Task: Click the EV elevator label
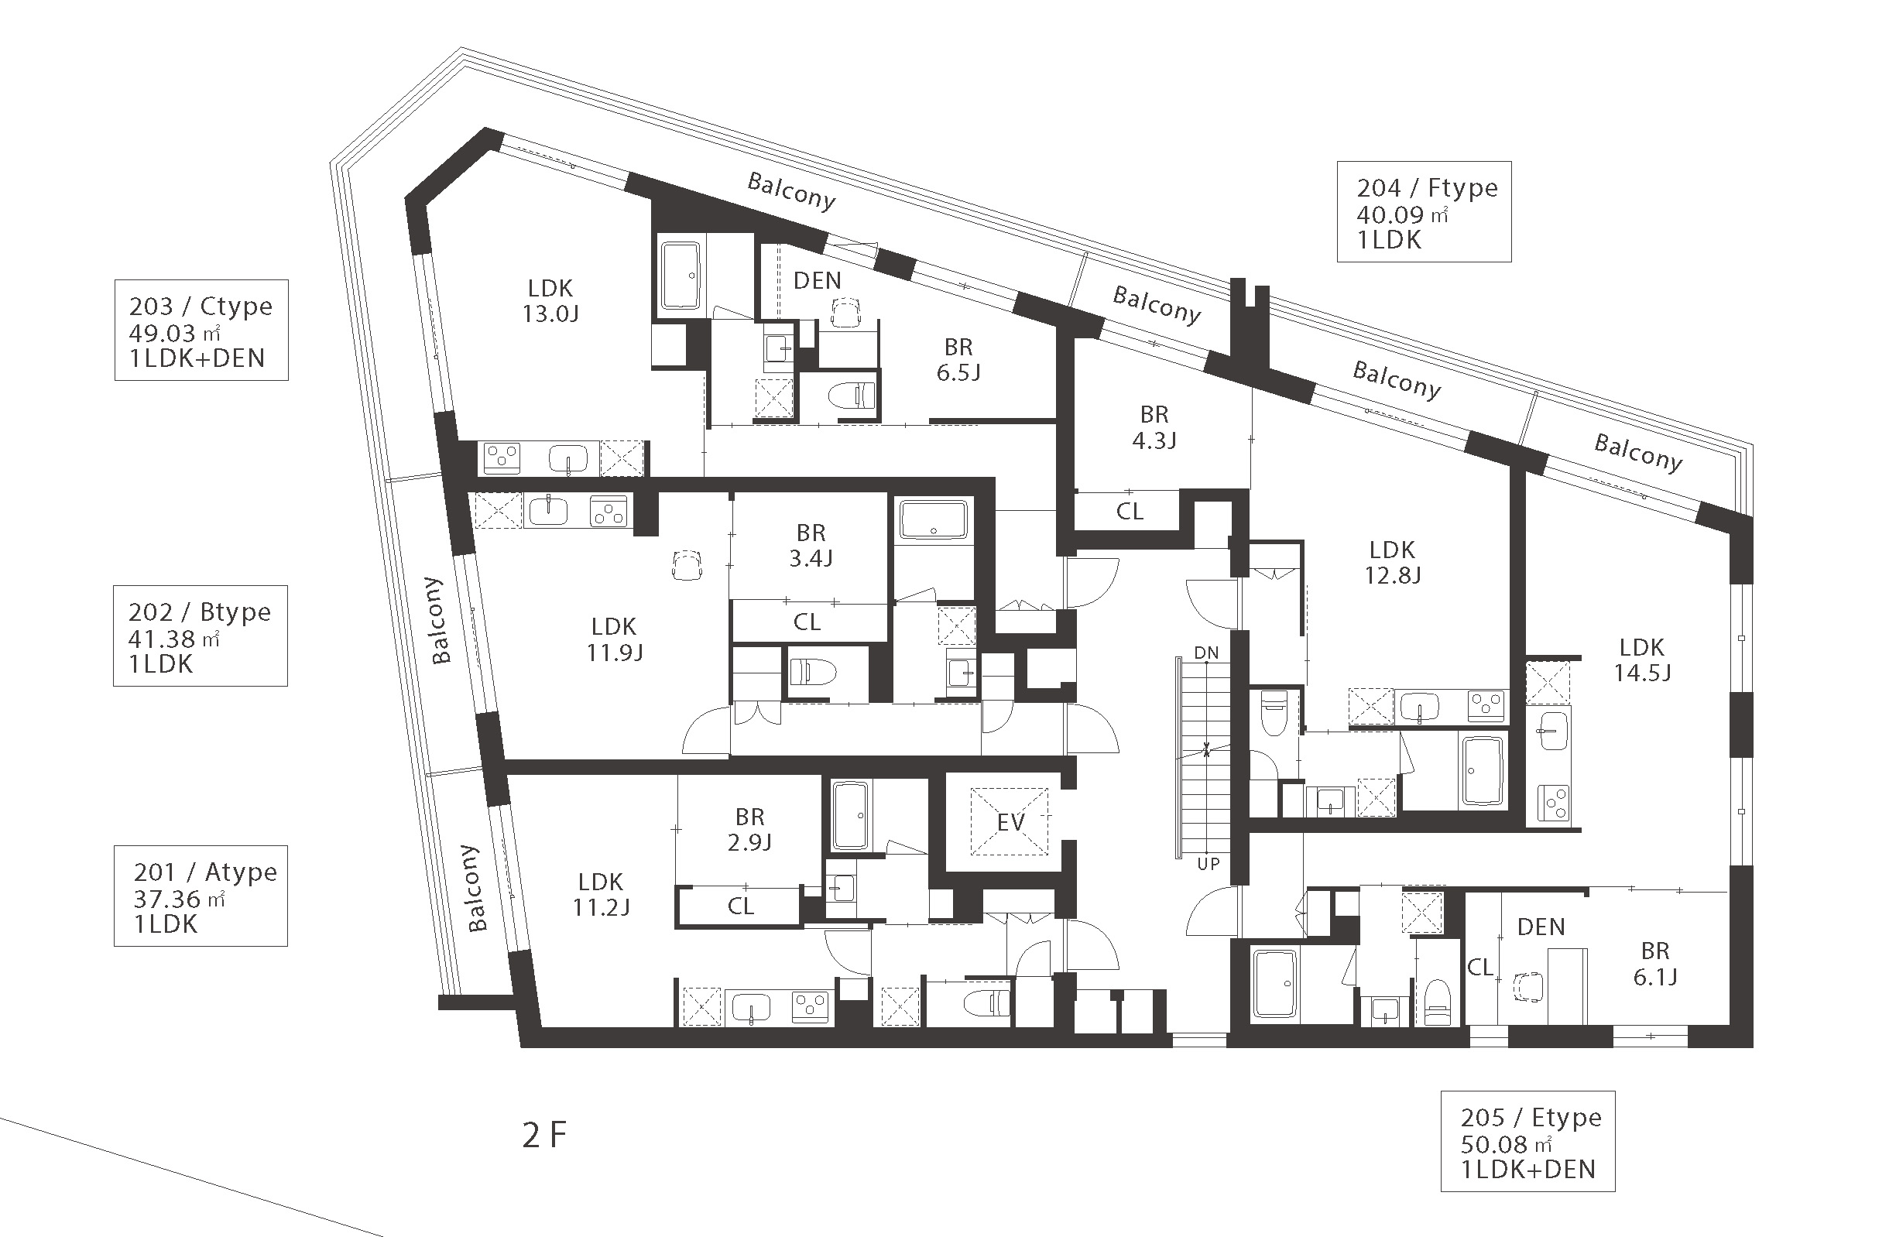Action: [1011, 822]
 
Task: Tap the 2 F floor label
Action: [545, 1135]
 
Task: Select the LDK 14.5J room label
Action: [1642, 660]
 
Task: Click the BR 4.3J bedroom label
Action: [1154, 427]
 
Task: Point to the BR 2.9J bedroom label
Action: [749, 829]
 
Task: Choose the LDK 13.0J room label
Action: [550, 300]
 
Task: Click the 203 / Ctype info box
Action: [201, 330]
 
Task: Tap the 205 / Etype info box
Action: [1528, 1142]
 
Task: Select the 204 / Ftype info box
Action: [1425, 212]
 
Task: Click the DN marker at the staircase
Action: [1206, 653]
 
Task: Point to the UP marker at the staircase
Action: [1209, 863]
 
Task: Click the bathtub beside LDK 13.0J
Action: [681, 276]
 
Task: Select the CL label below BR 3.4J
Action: [807, 622]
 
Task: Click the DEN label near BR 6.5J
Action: [818, 280]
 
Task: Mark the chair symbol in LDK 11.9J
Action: [687, 566]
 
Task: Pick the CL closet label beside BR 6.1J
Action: [1480, 967]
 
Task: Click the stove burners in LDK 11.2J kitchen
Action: [812, 1008]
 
